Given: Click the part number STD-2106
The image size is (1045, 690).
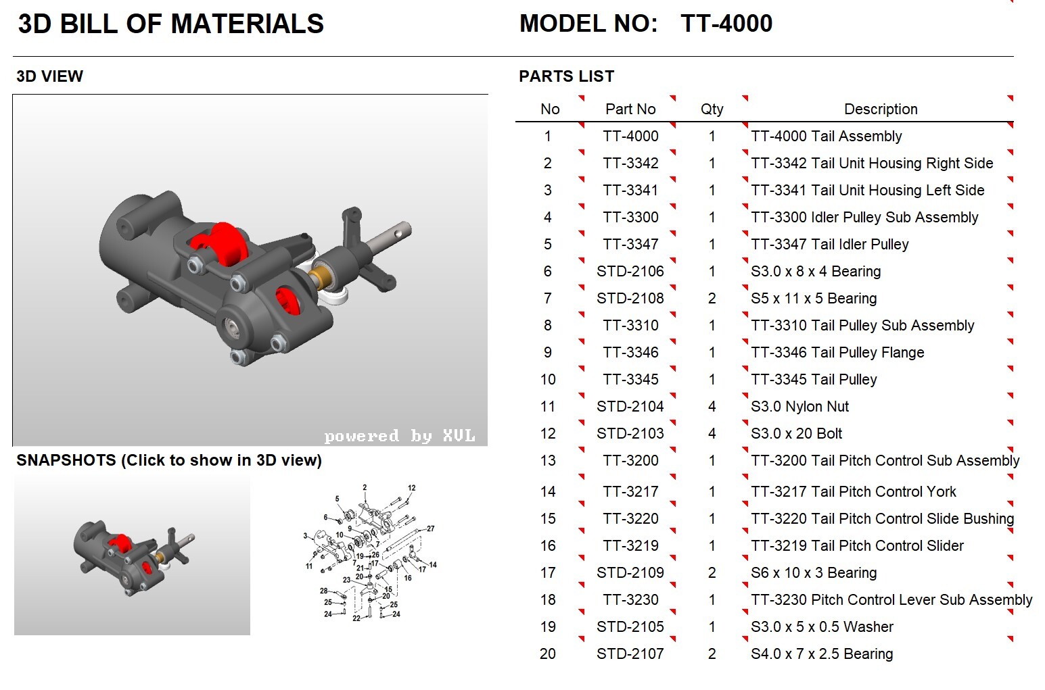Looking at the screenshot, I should pyautogui.click(x=630, y=272).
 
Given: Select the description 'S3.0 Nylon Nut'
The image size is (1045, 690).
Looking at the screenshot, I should pyautogui.click(x=799, y=407).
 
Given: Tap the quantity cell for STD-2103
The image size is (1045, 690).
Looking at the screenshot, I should pyautogui.click(x=712, y=434).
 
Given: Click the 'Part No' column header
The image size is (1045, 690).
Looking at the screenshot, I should pyautogui.click(x=630, y=109).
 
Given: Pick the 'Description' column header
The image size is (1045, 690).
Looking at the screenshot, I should pyautogui.click(x=880, y=109).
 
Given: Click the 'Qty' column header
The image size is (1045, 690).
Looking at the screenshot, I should pyautogui.click(x=712, y=109).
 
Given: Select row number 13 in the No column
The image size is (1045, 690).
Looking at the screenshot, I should pyautogui.click(x=548, y=461).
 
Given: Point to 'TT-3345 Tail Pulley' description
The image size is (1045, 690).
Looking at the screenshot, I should pyautogui.click(x=814, y=380).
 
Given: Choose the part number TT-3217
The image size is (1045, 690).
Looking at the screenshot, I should pyautogui.click(x=630, y=492).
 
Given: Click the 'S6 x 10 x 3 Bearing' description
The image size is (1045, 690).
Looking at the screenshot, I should pyautogui.click(x=814, y=573).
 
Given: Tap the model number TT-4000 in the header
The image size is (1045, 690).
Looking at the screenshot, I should pyautogui.click(x=726, y=24).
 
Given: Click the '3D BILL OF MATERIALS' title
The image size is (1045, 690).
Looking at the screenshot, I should pyautogui.click(x=170, y=24).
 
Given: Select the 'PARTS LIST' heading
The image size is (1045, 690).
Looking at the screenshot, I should pyautogui.click(x=566, y=76).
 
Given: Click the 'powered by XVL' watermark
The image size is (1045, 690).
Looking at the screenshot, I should pyautogui.click(x=399, y=436).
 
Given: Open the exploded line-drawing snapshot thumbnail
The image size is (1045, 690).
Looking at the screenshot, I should pyautogui.click(x=369, y=551).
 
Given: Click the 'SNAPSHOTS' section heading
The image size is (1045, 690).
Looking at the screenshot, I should pyautogui.click(x=168, y=460).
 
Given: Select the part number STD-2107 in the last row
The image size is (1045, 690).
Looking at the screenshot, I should pyautogui.click(x=630, y=654).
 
